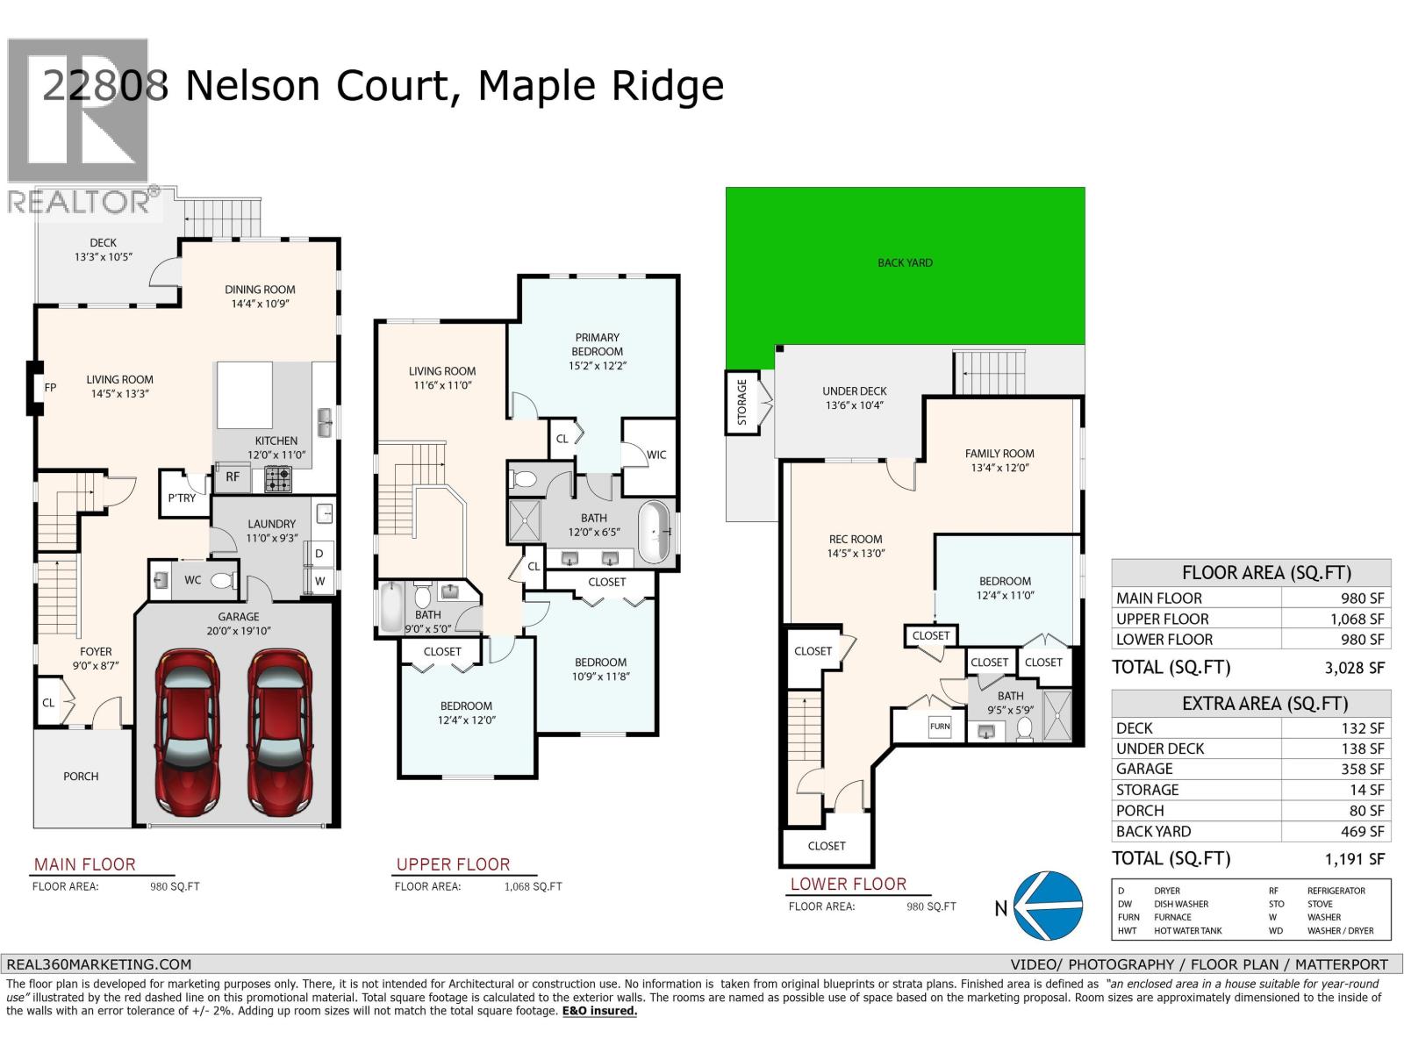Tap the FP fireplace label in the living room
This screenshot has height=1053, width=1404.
[50, 387]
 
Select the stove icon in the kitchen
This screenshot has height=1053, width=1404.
[278, 478]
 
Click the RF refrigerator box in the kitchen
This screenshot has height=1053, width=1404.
[233, 476]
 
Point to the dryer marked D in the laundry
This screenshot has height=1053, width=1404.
[319, 554]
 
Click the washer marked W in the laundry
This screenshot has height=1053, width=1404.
[319, 581]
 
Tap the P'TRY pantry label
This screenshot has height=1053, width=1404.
[182, 498]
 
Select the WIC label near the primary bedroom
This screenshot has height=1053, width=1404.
[656, 455]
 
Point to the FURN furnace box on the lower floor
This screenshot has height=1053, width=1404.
[940, 727]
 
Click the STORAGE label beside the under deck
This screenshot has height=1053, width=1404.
[741, 402]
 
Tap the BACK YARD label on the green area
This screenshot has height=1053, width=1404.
[905, 262]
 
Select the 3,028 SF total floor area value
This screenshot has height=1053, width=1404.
[1354, 668]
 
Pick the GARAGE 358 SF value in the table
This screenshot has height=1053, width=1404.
[1362, 769]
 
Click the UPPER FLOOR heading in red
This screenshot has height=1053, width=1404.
[453, 864]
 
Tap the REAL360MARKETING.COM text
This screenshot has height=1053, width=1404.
[98, 963]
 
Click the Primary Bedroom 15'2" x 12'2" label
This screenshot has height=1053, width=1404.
[597, 351]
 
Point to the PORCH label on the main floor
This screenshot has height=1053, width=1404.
[81, 776]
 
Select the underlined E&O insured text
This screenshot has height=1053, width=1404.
[599, 1011]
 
